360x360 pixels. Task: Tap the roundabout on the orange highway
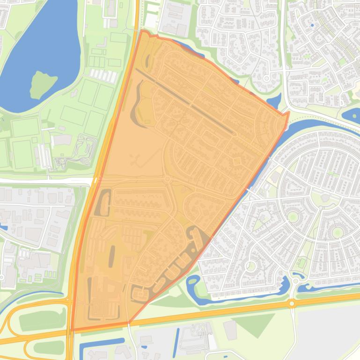[x=292, y=303]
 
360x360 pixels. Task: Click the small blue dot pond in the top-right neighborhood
[x=312, y=25]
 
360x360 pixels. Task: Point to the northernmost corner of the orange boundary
[x=142, y=31]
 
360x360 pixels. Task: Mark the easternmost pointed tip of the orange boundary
[x=288, y=112]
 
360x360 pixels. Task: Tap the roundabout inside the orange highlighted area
[x=167, y=180]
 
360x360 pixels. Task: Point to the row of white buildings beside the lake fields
[x=103, y=75]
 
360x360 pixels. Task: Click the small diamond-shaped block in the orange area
[x=236, y=161]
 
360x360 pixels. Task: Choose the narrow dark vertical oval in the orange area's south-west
[x=112, y=255]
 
